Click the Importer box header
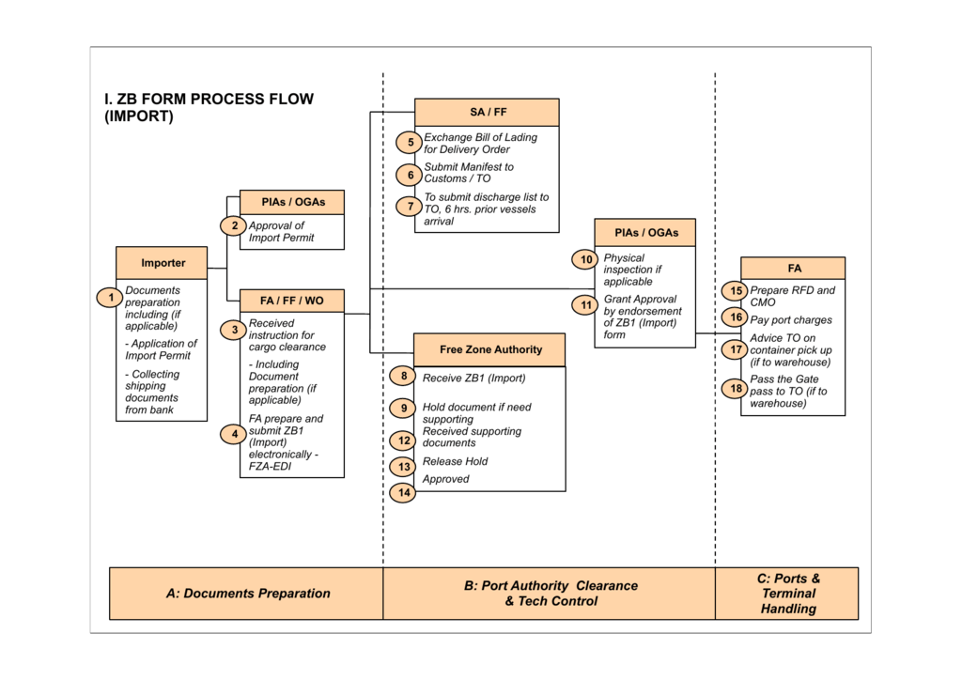[x=162, y=263]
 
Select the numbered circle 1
[x=111, y=298]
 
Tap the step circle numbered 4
[x=234, y=434]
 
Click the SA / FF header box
[x=488, y=112]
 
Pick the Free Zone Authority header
[x=489, y=349]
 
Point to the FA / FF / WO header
[x=292, y=301]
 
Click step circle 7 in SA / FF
[x=411, y=206]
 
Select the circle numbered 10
[x=586, y=259]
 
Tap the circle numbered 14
[x=404, y=492]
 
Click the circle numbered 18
[x=736, y=388]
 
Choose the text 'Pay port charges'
[x=791, y=320]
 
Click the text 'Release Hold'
[x=456, y=461]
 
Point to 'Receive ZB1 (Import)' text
[x=474, y=378]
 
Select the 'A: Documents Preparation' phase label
[x=248, y=594]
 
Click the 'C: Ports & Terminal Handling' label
[x=788, y=594]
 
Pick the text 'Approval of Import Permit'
[x=282, y=232]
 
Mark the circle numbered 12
[x=404, y=440]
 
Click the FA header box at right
[x=793, y=269]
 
